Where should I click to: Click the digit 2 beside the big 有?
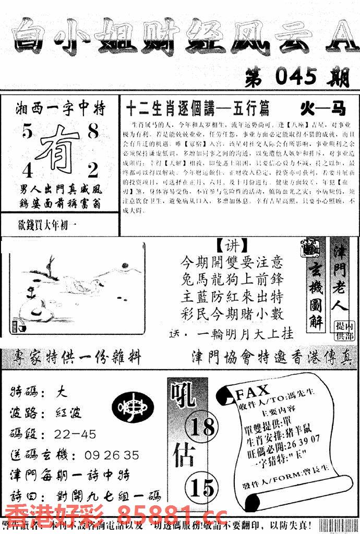click(93, 169)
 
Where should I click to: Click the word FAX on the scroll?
click(253, 391)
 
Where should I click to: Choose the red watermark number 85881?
click(154, 516)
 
